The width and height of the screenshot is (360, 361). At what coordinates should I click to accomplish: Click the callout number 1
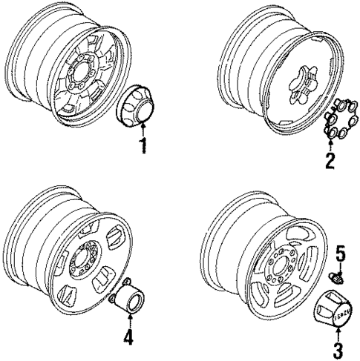click(143, 146)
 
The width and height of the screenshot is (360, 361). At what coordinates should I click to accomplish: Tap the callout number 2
click(330, 161)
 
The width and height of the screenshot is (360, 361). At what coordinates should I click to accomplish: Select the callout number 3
click(338, 351)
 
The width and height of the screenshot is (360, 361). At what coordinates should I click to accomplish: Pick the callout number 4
click(128, 338)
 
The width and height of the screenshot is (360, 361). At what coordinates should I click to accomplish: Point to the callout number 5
click(341, 254)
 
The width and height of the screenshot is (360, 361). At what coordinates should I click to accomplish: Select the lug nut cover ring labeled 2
click(341, 119)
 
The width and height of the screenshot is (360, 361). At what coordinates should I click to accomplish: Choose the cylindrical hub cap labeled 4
click(128, 297)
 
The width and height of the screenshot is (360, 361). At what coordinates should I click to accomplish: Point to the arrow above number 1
click(143, 130)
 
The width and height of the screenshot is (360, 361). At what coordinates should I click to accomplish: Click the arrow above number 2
click(330, 145)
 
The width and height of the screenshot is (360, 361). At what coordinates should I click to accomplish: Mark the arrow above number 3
click(338, 334)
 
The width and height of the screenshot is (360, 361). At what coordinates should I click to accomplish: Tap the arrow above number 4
click(130, 322)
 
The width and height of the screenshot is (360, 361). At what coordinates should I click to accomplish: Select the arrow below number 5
click(341, 268)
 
